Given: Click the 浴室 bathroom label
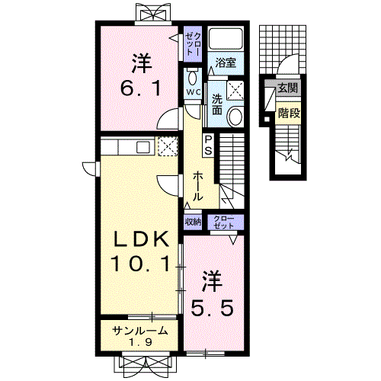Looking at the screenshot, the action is coord(226,62).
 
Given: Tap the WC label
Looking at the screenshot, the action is coord(194,92).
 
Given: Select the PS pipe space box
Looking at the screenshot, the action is coord(208,145).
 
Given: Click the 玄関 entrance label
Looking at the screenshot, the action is coord(287,88).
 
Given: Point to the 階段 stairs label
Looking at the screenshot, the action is coord(289,113).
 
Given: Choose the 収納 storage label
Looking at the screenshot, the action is coord(193,222).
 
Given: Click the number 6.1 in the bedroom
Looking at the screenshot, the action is coord(141,88).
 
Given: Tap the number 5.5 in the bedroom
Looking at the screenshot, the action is coord(212,308).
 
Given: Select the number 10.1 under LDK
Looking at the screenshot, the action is coord(140,264).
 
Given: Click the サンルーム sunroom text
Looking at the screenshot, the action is coord(140,331).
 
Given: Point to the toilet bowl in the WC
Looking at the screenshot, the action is coord(193,78).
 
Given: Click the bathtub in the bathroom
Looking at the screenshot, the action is coord(226,38).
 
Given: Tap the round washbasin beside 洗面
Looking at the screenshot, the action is coord(235,117).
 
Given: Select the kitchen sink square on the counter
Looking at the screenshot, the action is coord(143,147).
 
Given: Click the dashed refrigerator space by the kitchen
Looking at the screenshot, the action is coord(168,146).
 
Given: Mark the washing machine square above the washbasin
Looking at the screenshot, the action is coord(235,91).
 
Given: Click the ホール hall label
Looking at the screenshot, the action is coord(197,186).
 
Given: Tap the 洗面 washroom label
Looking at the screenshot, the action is coord(217,104).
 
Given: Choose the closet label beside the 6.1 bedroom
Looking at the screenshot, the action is coord(193,44).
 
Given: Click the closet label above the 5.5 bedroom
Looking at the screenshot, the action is coord(223,222).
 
